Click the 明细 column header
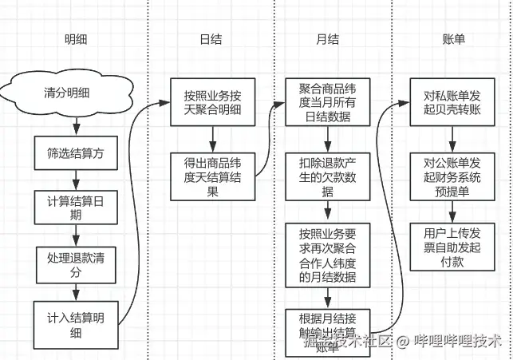point(77,41)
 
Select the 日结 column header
point(211,41)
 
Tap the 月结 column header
point(327,41)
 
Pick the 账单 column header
point(453,41)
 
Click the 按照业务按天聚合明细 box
point(211,102)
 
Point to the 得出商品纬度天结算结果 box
point(211,176)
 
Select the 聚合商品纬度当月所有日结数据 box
point(328,102)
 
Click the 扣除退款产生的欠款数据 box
point(328,176)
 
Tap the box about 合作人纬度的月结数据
point(328,255)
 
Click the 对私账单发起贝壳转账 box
point(452,102)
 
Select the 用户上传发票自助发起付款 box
point(452,247)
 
